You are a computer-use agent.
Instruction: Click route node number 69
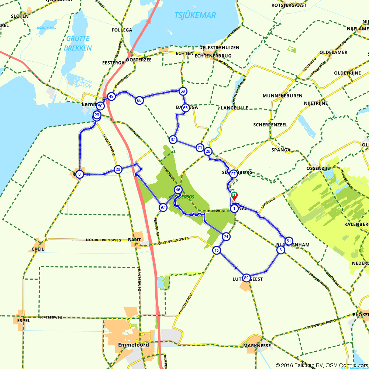(183, 91)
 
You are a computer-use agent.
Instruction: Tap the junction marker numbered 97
(163, 208)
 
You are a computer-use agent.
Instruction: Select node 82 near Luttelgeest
(246, 278)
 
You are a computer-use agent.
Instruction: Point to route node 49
(111, 97)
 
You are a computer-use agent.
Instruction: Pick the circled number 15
(216, 251)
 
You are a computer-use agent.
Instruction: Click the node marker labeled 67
(173, 139)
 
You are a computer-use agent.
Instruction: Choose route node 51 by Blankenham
(289, 241)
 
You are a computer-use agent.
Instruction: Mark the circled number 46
(178, 190)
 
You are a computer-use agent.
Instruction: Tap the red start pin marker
(234, 196)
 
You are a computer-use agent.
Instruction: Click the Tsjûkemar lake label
(195, 15)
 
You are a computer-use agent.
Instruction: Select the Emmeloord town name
(133, 345)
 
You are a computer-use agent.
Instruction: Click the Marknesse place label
(257, 346)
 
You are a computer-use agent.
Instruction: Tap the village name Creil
(38, 249)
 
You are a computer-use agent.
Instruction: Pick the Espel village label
(23, 321)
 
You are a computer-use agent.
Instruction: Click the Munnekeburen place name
(283, 96)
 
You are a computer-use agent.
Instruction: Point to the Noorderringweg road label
(103, 240)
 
